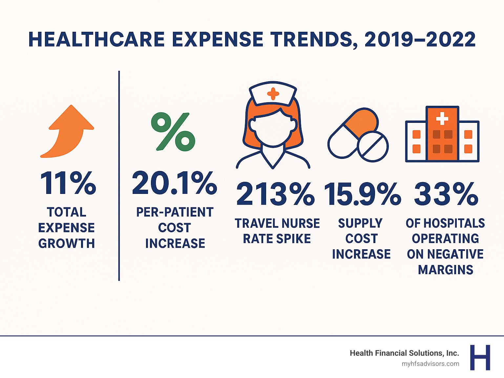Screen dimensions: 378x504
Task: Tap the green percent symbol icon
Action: click(173, 132)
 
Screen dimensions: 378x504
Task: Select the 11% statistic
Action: click(68, 183)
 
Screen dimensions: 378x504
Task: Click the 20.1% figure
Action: click(174, 183)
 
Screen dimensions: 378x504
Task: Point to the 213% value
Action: click(275, 195)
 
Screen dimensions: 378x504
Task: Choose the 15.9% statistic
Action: click(362, 195)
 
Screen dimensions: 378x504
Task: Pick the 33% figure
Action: click(446, 195)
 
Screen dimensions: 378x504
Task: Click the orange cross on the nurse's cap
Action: click(273, 94)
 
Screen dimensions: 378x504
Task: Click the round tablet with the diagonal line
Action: click(373, 146)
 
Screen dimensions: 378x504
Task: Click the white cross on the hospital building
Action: click(442, 119)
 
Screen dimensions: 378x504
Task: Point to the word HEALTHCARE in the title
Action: click(96, 40)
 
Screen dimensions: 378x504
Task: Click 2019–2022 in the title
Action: click(420, 40)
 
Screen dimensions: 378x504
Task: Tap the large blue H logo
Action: click(480, 357)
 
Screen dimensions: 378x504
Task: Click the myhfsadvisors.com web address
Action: click(430, 364)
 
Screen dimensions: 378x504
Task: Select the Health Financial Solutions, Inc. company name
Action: click(404, 353)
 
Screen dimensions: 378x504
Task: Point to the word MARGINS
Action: click(445, 270)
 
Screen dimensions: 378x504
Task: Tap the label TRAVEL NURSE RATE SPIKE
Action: click(277, 231)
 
